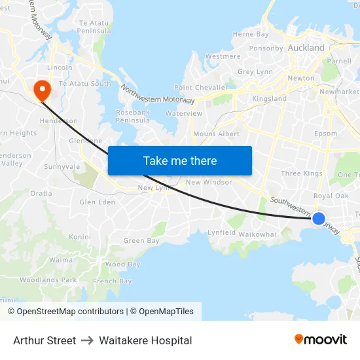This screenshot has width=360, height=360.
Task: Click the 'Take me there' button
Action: coord(180,160)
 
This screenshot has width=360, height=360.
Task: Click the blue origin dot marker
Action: coord(319,219)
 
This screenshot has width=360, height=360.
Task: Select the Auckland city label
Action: coord(306,48)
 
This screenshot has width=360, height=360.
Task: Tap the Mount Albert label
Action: coord(216,134)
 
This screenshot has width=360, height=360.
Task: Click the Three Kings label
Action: coord(301,173)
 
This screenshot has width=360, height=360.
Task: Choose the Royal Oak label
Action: coord(331,196)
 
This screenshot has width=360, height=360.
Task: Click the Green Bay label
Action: coord(141,241)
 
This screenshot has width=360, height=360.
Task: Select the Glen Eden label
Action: coord(97,202)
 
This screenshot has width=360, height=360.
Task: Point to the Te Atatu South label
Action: coord(85,84)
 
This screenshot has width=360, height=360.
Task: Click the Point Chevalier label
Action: coord(201,88)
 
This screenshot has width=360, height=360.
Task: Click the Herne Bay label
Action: coord(251,34)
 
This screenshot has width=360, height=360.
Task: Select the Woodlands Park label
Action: coord(48,280)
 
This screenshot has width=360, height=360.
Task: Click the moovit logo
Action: coord(321,339)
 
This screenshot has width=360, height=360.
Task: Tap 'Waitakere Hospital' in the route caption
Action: coord(145,340)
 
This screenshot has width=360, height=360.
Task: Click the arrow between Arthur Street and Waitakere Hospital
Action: coord(88,340)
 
